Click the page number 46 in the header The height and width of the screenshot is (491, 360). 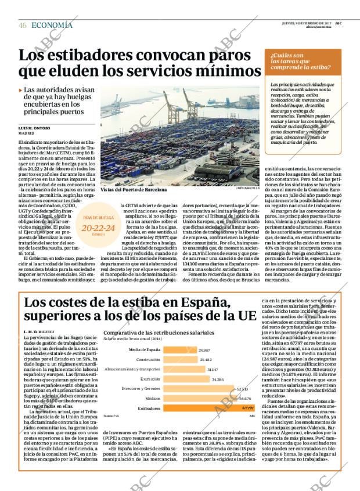[23, 25]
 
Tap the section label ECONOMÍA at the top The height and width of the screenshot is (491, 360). [52, 25]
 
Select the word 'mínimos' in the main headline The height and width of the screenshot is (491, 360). [229, 72]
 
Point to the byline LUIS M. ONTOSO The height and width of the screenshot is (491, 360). [34, 128]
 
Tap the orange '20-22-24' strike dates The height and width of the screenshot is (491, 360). [98, 229]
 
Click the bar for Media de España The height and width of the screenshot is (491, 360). [180, 350]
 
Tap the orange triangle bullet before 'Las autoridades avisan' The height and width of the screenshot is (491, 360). [21, 91]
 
